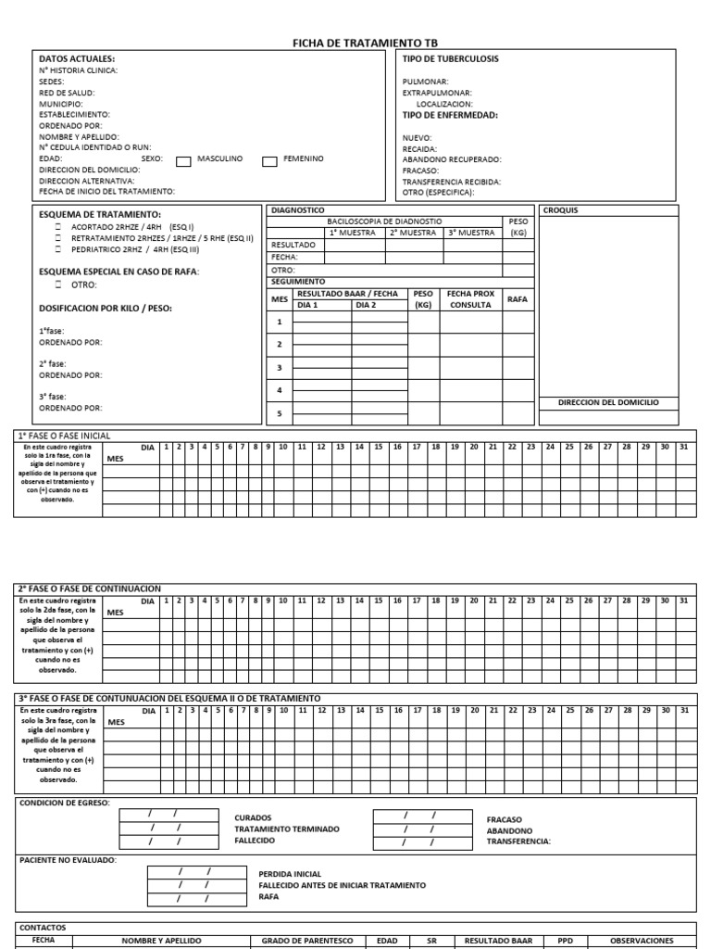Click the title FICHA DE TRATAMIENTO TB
pos(365,43)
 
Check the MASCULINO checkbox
pos(183,160)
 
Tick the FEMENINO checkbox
pos(269,160)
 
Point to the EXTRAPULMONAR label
pos(437,93)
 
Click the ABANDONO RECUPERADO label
pos(452,159)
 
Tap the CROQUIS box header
pos(560,210)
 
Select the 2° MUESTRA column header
pos(412,233)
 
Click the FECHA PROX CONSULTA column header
pos(470,299)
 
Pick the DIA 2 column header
pos(367,305)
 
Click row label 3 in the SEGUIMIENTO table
pos(279,368)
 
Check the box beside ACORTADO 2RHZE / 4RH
pos(58,226)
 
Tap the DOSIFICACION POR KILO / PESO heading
pos(105,308)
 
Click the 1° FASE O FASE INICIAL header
pos(64,435)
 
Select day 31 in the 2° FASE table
pos(684,601)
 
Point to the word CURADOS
pos(253,817)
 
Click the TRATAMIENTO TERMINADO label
pos(287,829)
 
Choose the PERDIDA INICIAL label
pos(290,873)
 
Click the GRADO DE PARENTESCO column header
pos(307,941)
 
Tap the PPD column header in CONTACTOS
pos(565,941)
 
